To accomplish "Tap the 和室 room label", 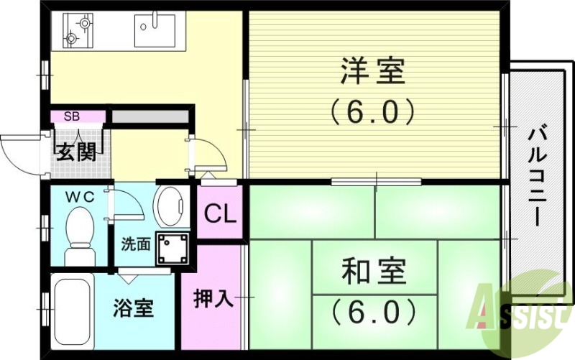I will click(373, 272).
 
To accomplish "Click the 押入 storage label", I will click(214, 297).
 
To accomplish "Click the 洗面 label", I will click(135, 244).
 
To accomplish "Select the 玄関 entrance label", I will click(75, 152).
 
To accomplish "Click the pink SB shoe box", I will click(73, 116).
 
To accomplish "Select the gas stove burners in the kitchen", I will click(78, 29).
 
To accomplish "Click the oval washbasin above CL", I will click(172, 206).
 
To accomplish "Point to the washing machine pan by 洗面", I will click(174, 249).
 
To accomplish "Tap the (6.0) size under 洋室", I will click(373, 111).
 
